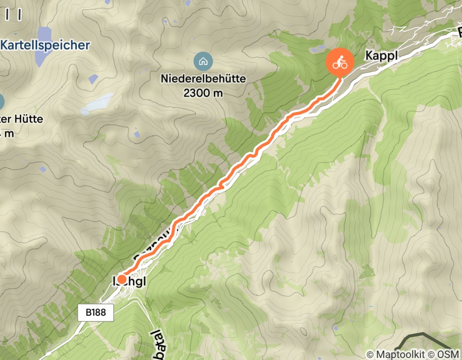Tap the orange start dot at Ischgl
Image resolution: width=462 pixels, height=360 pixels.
coord(122,279)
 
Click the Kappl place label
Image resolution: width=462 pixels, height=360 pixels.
coord(382,56)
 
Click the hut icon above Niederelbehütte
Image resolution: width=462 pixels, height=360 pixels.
coord(203,62)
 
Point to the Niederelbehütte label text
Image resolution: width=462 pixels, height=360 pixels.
coord(203,79)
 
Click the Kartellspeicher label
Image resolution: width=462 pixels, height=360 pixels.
coord(45,45)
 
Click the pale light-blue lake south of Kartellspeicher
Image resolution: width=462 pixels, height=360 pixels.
coord(97,104)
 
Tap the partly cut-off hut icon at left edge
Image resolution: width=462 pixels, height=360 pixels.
coord(2,100)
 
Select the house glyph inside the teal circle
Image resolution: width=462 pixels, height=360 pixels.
coord(203,62)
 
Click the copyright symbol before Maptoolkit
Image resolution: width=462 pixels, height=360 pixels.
coord(370,354)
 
